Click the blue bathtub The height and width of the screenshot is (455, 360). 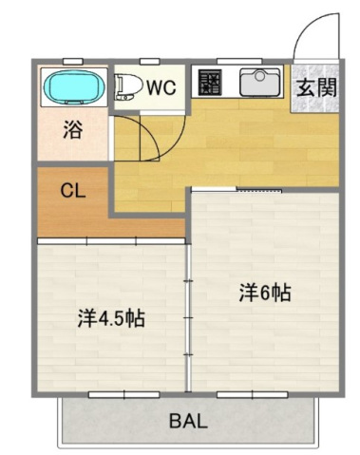coord(73,88)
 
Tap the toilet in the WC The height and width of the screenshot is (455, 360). coord(127,87)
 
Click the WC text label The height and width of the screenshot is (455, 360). coord(161,87)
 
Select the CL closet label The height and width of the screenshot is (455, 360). coord(72,189)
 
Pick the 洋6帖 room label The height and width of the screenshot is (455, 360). coord(264,293)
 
